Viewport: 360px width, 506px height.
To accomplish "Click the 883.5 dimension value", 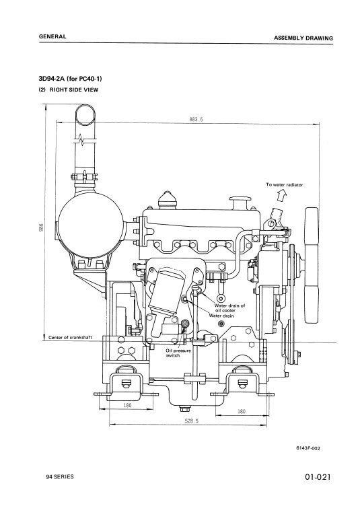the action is pos(196,119).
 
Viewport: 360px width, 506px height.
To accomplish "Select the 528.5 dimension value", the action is pos(191,421).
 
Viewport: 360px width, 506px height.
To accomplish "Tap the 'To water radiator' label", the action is pos(284,185).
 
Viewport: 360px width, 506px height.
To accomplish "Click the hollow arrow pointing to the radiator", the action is pos(282,195).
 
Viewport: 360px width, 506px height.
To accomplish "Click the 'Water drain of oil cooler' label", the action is pos(229,308).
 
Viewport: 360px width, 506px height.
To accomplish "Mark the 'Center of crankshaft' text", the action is pos(70,338).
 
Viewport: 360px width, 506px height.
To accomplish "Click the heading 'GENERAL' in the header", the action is pos(52,36).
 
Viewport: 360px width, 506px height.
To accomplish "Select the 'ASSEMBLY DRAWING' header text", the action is pos(303,38).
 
